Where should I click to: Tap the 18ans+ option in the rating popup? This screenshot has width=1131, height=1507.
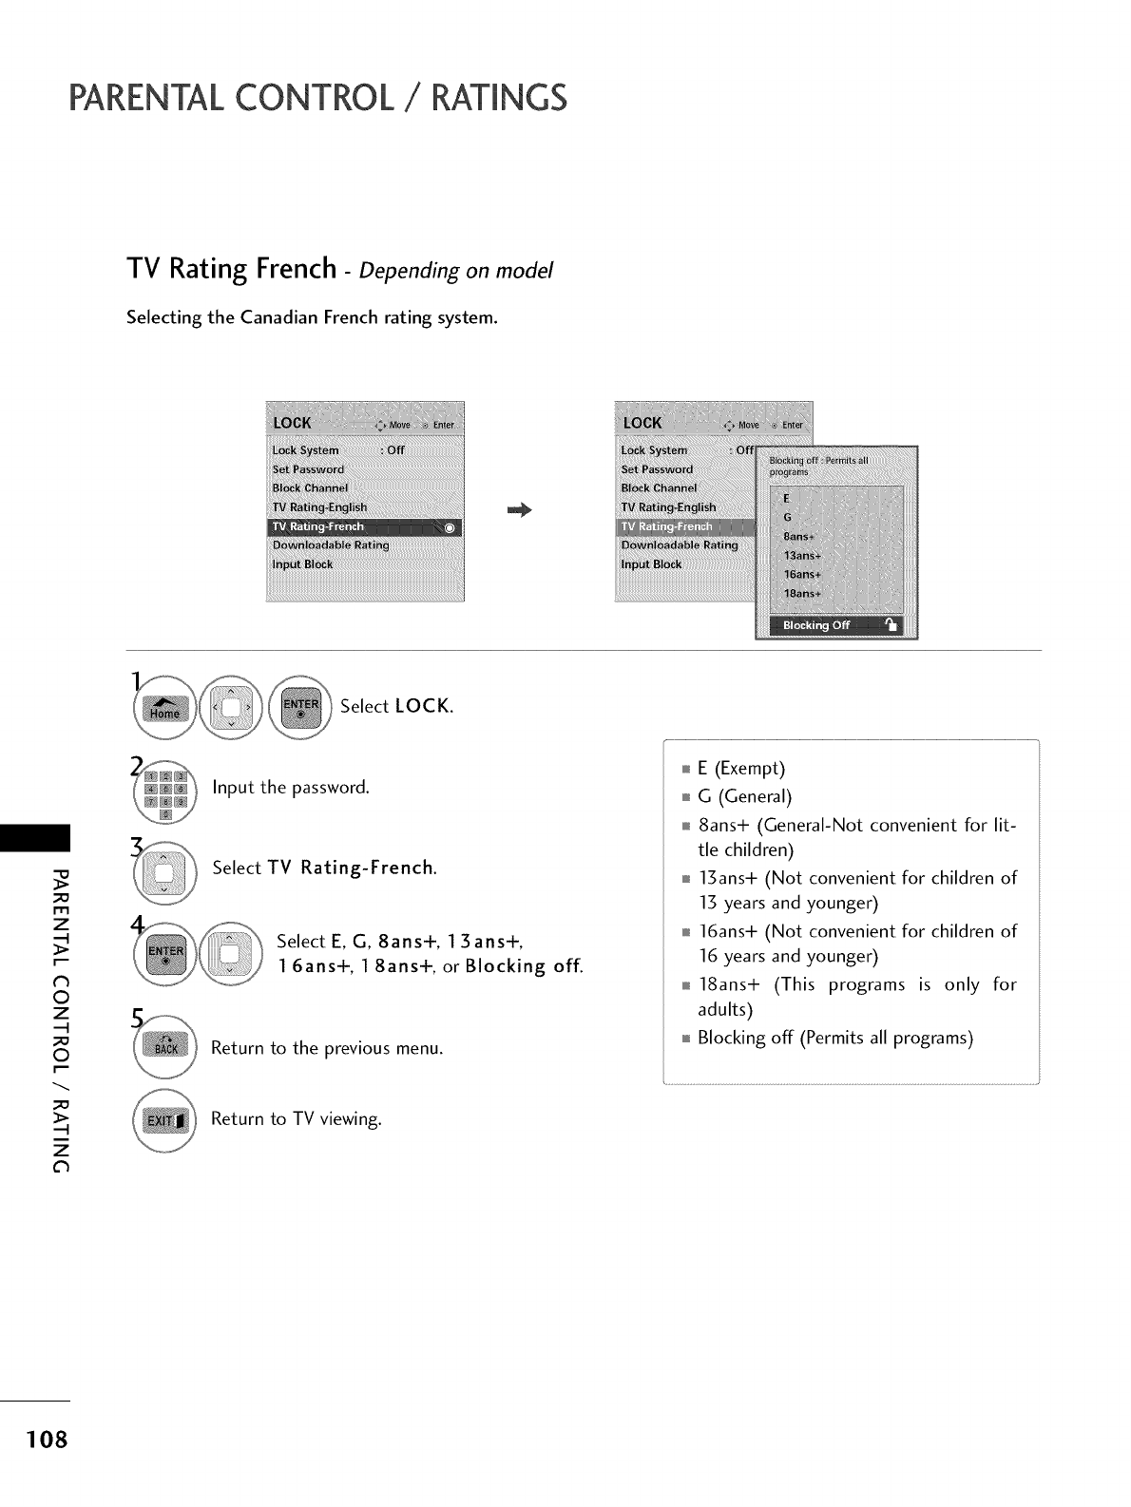tap(800, 593)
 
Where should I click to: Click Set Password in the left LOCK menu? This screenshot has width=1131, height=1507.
tap(308, 469)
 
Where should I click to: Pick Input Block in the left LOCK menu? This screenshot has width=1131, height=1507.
tap(302, 564)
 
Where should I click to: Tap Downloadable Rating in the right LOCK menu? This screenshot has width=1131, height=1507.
tap(679, 545)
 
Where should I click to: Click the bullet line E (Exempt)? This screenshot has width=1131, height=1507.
tap(740, 768)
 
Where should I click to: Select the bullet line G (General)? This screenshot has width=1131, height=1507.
tap(744, 795)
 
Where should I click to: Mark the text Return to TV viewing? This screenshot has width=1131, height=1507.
tap(296, 1118)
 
